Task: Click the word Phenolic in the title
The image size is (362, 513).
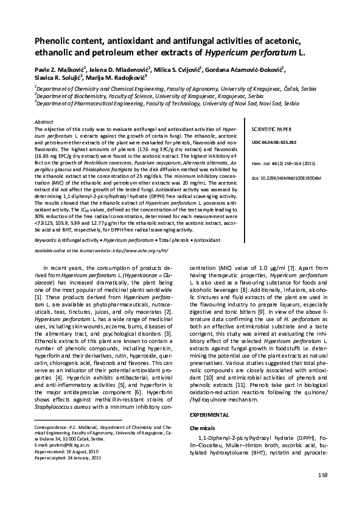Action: (53, 41)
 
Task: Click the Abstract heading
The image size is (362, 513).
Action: (44, 122)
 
